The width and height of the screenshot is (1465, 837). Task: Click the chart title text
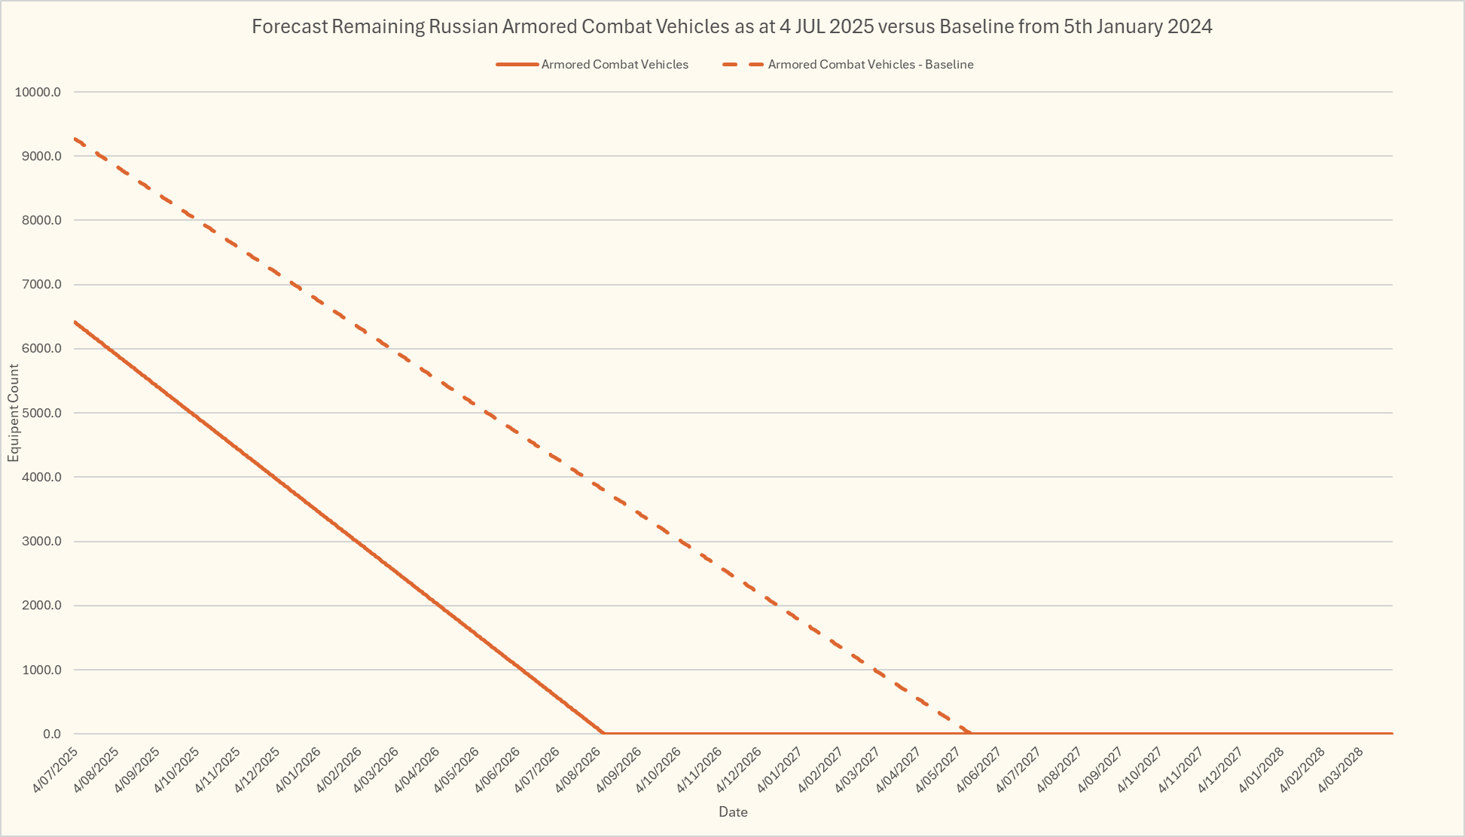tap(731, 27)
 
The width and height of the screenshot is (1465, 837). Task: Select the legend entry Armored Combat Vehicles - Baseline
tap(870, 65)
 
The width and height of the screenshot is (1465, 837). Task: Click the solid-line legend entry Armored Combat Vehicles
tap(614, 65)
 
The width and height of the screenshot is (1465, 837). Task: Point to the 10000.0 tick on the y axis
tap(38, 93)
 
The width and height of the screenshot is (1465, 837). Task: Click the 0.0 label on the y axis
tap(51, 734)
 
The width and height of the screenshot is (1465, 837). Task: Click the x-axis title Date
tap(733, 812)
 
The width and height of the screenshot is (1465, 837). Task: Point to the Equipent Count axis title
tap(14, 413)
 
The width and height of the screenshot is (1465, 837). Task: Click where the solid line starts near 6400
tap(75, 322)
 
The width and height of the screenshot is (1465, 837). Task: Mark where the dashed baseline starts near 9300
tap(75, 139)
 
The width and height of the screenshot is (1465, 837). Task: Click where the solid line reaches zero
tap(603, 733)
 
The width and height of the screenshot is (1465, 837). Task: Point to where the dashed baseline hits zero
tap(970, 733)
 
